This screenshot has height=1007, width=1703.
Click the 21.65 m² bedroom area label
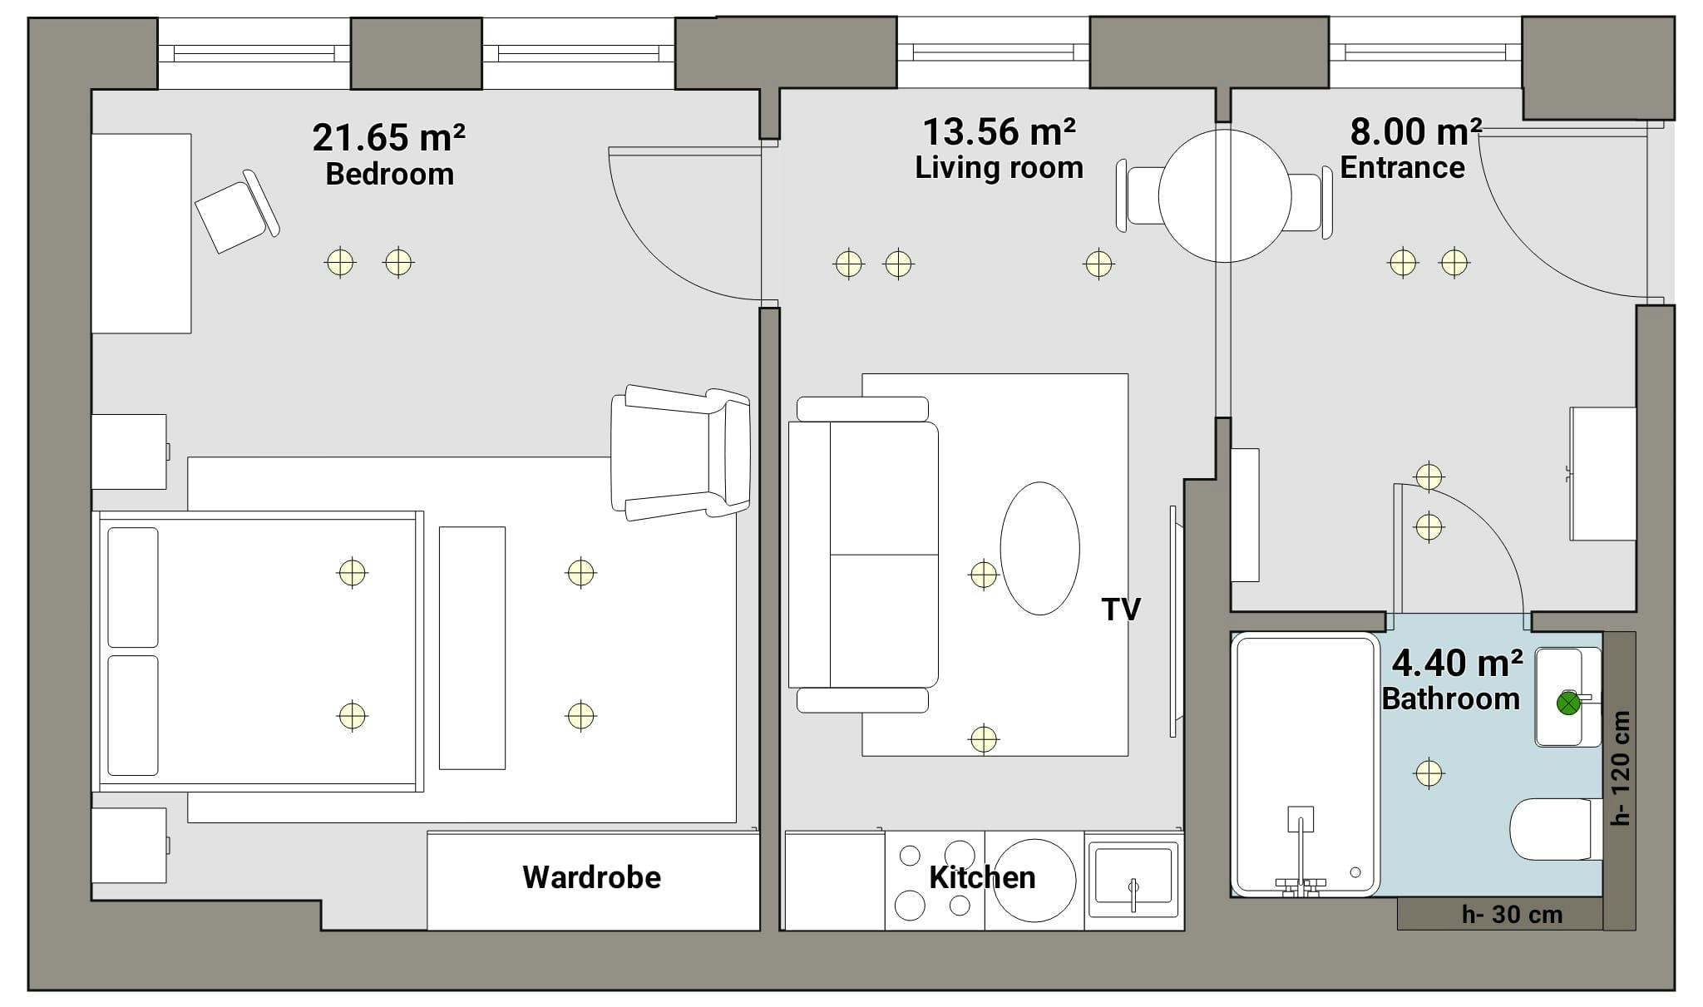388,137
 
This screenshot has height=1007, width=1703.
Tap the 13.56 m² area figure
999,131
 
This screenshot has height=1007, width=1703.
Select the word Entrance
1402,167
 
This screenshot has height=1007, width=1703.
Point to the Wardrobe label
591,877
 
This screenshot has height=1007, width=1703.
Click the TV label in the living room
1121,610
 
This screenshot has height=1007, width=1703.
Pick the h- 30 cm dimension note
1512,915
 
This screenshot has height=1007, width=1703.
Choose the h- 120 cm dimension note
1621,768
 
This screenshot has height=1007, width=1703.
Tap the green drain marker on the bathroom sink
1568,703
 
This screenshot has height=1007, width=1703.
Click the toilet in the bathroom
1555,829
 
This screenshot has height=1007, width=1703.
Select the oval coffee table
1039,548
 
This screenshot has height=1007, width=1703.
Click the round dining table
1224,196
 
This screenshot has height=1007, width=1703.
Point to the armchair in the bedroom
680,453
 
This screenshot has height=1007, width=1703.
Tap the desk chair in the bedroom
237,211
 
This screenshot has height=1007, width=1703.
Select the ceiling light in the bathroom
1429,773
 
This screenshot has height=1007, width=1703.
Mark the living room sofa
863,555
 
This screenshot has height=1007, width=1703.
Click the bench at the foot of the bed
472,648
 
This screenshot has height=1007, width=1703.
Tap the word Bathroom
1451,698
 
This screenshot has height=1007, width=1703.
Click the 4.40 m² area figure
1458,663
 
